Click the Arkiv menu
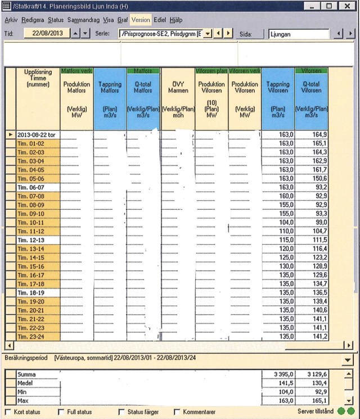[x=11, y=19]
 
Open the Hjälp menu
[x=175, y=19]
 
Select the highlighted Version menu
[x=141, y=19]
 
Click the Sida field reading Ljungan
[x=298, y=34]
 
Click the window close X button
[x=346, y=6]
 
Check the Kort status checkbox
[x=8, y=412]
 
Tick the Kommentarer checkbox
[x=177, y=412]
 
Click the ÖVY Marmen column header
[x=178, y=96]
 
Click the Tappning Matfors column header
[x=110, y=96]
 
